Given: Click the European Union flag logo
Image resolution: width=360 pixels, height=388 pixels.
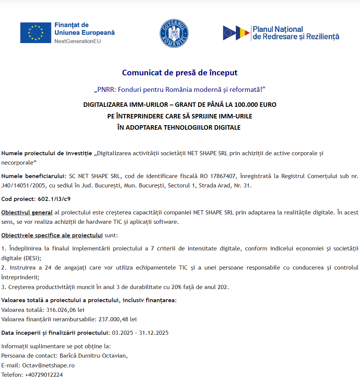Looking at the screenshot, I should point(36,33).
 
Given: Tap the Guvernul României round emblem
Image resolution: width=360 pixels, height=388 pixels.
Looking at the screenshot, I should point(174,33).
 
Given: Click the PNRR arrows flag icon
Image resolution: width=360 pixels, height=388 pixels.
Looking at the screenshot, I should point(236,33).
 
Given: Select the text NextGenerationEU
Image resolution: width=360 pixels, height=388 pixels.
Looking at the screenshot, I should point(78,41).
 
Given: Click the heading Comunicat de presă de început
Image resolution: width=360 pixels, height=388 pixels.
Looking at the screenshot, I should point(180,73).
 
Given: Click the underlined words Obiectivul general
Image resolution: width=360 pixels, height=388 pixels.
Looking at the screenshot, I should point(27,213).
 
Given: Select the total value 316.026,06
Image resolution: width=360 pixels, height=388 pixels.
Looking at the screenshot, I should point(61,310).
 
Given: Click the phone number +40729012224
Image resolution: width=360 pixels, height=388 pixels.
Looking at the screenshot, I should point(44,375).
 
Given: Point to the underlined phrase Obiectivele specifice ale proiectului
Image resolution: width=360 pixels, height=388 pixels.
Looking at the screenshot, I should point(52,235).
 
